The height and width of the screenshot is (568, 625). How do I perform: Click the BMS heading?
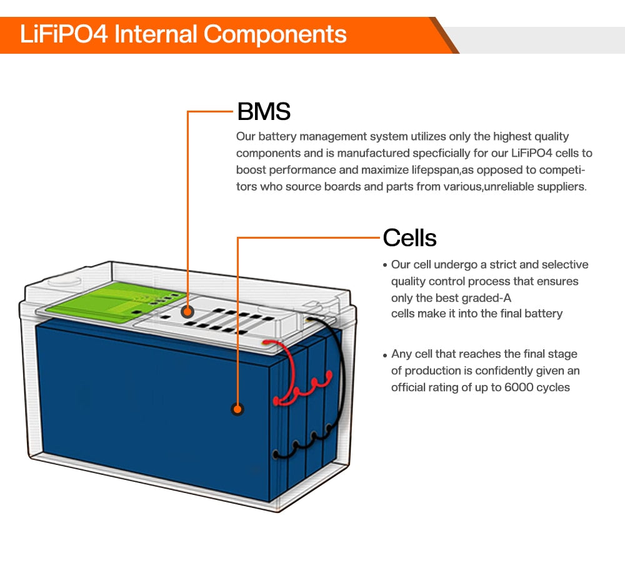(x=264, y=112)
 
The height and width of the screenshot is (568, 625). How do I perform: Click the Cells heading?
(x=409, y=237)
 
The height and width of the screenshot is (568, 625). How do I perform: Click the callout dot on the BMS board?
(x=187, y=311)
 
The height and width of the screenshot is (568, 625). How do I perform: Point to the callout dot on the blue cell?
(x=237, y=409)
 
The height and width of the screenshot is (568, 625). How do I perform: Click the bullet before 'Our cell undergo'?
(x=385, y=266)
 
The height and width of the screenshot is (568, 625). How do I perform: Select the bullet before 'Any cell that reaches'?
(x=385, y=355)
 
